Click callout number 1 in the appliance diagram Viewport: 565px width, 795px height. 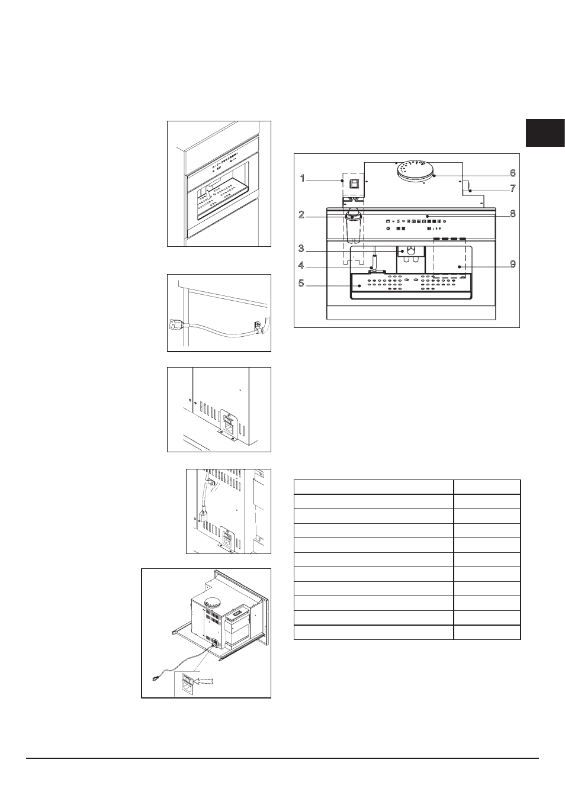[303, 179]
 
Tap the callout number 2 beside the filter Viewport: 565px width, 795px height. [301, 215]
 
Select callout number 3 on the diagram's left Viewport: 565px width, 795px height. [301, 249]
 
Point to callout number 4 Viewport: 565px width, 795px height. [301, 265]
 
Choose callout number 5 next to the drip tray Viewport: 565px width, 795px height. [301, 284]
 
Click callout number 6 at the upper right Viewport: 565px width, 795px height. [513, 173]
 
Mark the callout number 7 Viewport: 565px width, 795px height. [513, 188]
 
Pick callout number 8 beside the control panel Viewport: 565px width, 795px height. [513, 214]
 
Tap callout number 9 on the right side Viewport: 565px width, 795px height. [513, 265]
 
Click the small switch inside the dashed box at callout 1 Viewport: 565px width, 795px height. [354, 184]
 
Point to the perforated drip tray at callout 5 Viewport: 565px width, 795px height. [411, 286]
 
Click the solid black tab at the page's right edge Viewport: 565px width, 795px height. [545, 133]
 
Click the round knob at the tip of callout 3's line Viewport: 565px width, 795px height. [411, 251]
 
